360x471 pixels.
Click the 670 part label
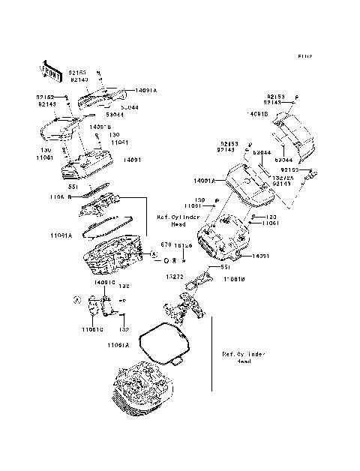[x=165, y=245]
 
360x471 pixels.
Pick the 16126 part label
[x=182, y=245]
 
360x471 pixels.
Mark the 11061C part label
[x=93, y=328]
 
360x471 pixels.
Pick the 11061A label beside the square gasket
[x=118, y=344]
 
